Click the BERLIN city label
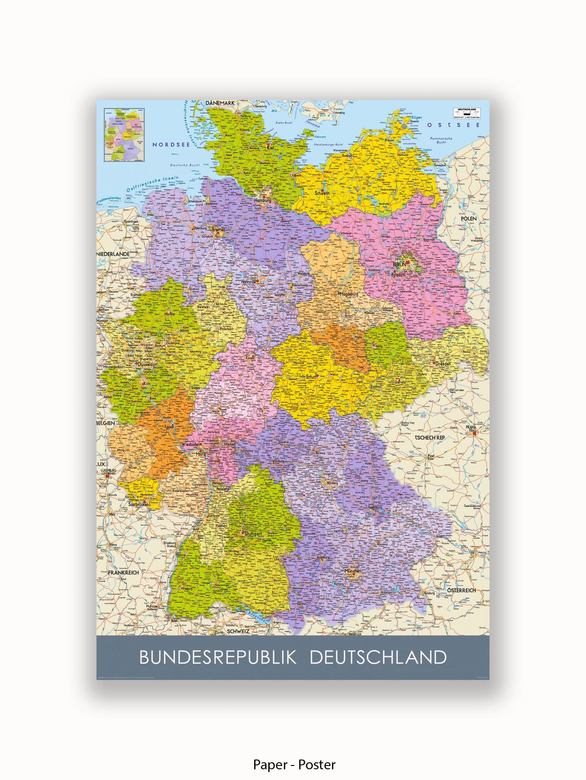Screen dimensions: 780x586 399,264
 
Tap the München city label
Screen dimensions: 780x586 352,571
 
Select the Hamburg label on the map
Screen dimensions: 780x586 262,200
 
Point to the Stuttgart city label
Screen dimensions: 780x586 253,534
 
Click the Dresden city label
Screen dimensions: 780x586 443,364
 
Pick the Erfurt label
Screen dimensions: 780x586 311,377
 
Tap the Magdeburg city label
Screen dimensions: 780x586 349,294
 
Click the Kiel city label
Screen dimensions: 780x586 270,148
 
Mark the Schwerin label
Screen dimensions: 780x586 322,193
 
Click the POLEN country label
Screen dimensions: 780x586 469,219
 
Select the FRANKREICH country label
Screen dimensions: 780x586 123,573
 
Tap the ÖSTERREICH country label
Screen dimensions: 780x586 462,590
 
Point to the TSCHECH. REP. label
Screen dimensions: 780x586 430,438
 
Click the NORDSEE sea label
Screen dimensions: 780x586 171,145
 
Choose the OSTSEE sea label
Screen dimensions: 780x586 453,125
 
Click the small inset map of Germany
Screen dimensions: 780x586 124,135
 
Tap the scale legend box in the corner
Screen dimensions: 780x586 467,113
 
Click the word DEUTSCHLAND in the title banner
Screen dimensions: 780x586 378,657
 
